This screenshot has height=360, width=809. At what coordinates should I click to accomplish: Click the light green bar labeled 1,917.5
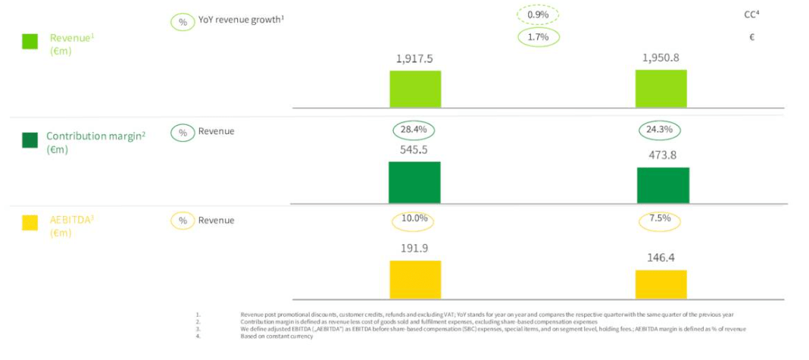tap(415, 89)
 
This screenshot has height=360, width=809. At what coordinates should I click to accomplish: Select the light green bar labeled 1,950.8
tap(661, 89)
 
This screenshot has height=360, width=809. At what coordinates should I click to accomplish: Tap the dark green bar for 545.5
tap(414, 183)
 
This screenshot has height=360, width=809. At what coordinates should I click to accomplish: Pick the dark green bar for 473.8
tap(663, 186)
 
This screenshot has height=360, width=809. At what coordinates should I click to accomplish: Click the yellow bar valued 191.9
tap(415, 279)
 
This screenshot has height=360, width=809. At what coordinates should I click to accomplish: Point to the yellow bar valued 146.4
tap(661, 284)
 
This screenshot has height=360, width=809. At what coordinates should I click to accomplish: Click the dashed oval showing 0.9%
tap(538, 14)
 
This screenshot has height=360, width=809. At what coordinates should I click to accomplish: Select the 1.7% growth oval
tap(538, 36)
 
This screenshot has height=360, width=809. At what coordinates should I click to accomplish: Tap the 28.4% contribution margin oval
tap(414, 130)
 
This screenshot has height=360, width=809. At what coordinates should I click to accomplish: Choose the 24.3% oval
tap(661, 130)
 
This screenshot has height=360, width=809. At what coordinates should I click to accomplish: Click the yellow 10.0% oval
tap(414, 220)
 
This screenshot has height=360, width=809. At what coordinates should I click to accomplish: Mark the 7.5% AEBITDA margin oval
tap(661, 220)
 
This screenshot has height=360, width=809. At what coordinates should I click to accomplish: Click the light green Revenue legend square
tap(30, 42)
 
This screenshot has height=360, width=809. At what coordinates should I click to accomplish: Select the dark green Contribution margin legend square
tap(30, 140)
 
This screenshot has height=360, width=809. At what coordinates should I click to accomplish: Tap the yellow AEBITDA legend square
tap(30, 223)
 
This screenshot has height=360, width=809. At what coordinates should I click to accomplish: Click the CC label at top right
tap(751, 14)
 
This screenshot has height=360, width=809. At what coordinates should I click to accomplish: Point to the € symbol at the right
tap(751, 36)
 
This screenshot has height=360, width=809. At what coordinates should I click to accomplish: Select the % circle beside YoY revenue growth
tap(183, 22)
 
